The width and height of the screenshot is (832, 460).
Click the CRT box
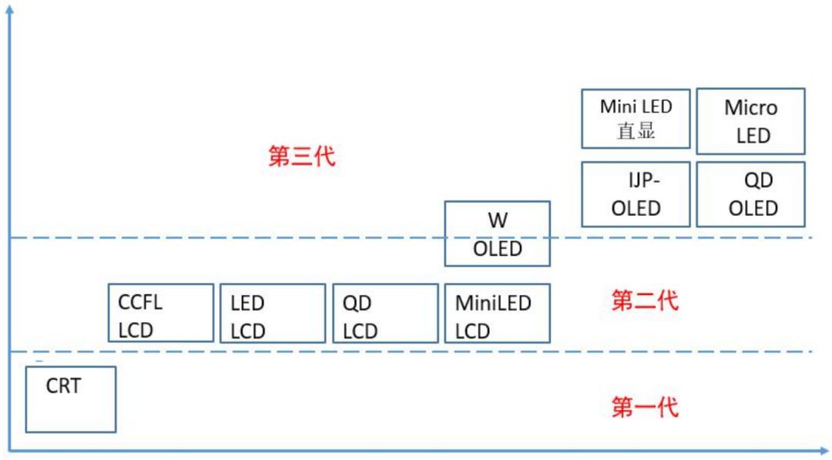click(x=70, y=399)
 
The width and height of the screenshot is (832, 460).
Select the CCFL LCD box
click(x=160, y=313)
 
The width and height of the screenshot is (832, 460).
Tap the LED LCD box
click(x=272, y=313)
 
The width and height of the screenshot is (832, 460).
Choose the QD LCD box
click(x=384, y=313)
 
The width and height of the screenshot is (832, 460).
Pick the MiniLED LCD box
click(x=497, y=313)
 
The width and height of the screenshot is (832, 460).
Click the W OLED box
click(x=497, y=233)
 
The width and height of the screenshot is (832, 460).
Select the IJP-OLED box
click(x=636, y=194)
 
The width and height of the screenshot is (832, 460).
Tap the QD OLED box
click(x=750, y=194)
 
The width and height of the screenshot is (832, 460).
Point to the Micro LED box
click(x=750, y=121)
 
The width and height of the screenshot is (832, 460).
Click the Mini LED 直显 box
click(x=636, y=118)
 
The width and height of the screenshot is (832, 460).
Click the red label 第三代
click(x=302, y=156)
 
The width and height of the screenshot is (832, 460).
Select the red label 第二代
click(x=645, y=301)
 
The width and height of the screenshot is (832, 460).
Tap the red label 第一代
click(x=645, y=407)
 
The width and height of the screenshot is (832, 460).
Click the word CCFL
click(x=140, y=302)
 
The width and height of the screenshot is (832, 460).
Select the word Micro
click(x=750, y=108)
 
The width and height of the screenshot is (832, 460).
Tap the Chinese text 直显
click(x=636, y=131)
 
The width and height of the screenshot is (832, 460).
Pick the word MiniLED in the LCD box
click(x=493, y=303)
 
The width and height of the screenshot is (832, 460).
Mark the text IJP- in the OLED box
click(x=644, y=180)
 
